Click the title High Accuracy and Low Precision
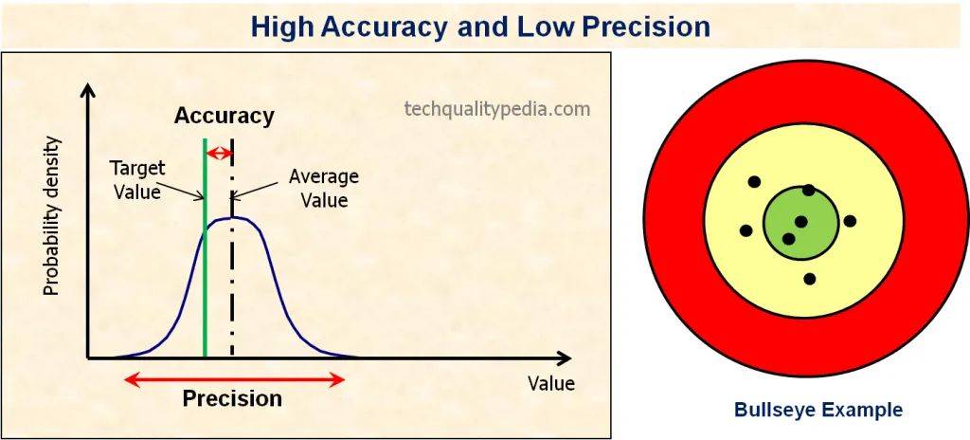pyautogui.click(x=480, y=26)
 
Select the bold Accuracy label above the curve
pyautogui.click(x=224, y=117)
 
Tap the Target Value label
pyautogui.click(x=137, y=179)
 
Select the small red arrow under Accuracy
pyautogui.click(x=219, y=153)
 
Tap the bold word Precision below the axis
pyautogui.click(x=232, y=398)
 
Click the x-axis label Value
pyautogui.click(x=550, y=384)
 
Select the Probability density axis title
pyautogui.click(x=52, y=215)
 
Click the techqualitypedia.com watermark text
pyautogui.click(x=496, y=109)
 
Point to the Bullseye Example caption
pyautogui.click(x=818, y=411)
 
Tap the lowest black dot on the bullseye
pyautogui.click(x=809, y=279)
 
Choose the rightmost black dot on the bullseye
pyautogui.click(x=850, y=221)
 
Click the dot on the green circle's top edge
pyautogui.click(x=808, y=190)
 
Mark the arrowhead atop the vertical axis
pyautogui.click(x=88, y=91)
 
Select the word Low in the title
pyautogui.click(x=542, y=26)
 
